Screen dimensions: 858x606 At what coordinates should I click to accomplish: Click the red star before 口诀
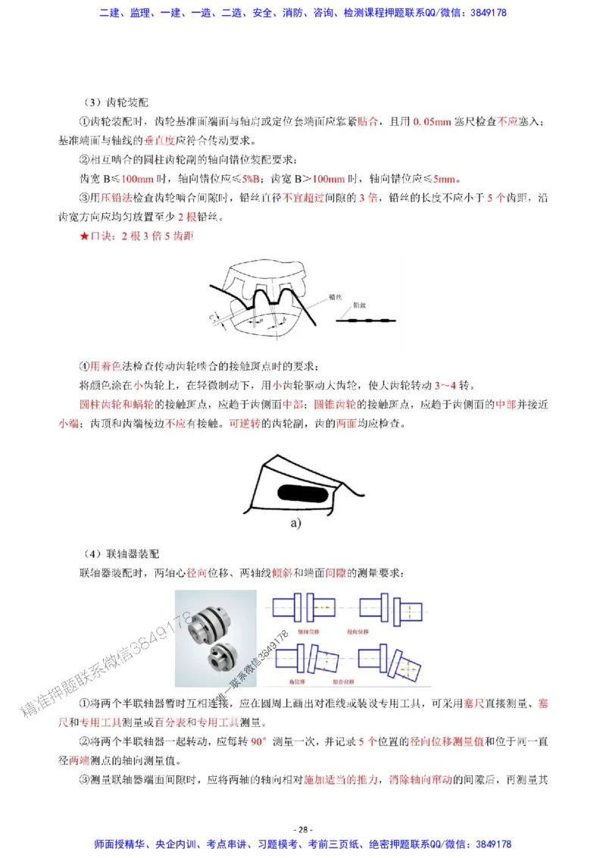(84, 237)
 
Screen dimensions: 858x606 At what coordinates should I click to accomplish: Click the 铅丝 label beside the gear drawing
(335, 297)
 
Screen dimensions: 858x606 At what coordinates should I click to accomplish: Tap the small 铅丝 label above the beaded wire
(361, 308)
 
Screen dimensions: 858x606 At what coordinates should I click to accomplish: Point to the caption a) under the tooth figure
(295, 523)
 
